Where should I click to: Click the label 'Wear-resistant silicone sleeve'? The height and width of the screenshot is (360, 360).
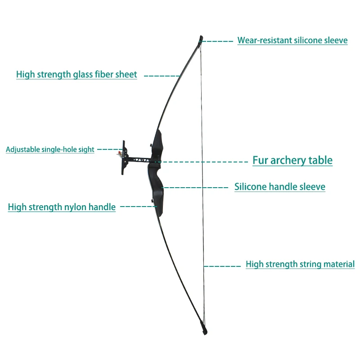[292, 40]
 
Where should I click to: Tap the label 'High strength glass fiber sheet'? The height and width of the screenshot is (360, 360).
[76, 75]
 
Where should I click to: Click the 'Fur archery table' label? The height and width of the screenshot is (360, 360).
[292, 160]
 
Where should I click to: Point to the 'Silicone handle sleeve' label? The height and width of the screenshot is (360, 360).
[280, 187]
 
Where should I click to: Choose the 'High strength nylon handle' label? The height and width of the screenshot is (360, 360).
[62, 207]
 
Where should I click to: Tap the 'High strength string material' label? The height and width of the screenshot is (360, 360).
[300, 265]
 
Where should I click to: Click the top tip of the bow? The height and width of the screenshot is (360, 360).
[201, 38]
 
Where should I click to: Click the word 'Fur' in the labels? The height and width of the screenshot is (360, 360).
[260, 160]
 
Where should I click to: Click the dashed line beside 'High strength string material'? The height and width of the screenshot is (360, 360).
[222, 266]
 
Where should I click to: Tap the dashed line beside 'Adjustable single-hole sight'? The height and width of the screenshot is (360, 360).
[108, 149]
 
